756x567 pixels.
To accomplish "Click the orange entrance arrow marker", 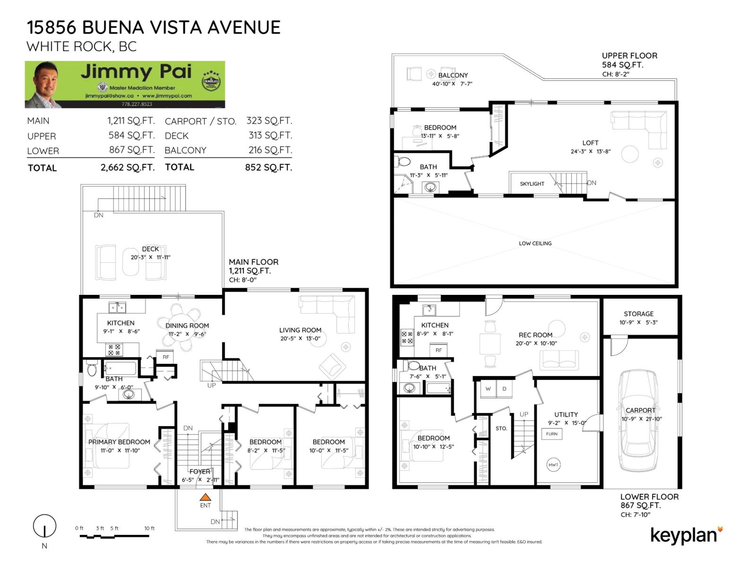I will click(205, 497).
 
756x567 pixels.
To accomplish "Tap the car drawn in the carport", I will click(638, 421).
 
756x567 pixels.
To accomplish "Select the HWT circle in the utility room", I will click(553, 464).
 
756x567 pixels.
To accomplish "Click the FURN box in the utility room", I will click(551, 434).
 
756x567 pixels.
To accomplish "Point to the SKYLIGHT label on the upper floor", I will click(532, 184).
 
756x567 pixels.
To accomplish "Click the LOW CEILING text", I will click(535, 243).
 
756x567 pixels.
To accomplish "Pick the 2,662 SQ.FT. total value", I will click(127, 167).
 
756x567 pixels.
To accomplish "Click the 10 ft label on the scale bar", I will click(149, 528).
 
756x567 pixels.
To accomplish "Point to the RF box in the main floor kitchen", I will click(166, 357).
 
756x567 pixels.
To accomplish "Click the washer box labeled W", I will click(488, 389).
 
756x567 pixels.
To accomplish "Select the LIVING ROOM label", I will click(300, 330).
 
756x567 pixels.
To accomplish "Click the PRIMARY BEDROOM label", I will click(119, 442).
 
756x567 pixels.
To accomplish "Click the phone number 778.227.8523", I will click(137, 104).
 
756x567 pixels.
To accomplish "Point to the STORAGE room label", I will click(638, 314).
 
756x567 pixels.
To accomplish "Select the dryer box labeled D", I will click(504, 389).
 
